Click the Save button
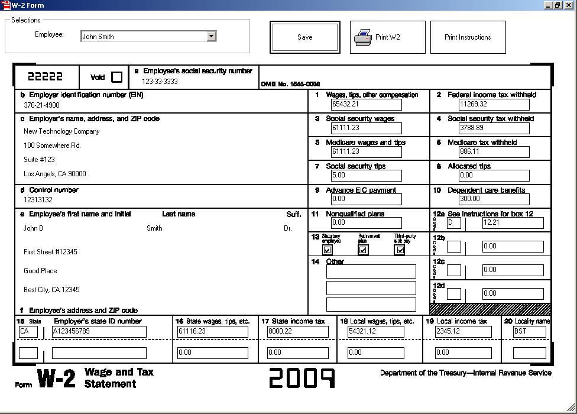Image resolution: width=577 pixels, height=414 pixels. (305, 37)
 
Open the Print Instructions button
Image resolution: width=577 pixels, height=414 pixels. (468, 37)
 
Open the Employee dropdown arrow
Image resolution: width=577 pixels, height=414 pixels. (212, 37)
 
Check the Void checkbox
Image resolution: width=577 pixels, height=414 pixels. (117, 77)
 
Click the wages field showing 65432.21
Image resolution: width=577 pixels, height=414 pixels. (366, 105)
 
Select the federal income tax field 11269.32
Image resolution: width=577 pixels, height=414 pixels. (494, 105)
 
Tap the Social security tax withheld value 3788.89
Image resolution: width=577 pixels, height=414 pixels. (494, 128)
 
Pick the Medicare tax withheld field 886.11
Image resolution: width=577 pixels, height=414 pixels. (494, 152)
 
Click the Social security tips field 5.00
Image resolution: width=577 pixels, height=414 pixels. (366, 176)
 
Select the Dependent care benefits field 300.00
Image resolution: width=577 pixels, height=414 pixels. (494, 199)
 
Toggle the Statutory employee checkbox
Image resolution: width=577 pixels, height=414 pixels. (328, 250)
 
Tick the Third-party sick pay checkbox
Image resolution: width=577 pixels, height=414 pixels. (400, 250)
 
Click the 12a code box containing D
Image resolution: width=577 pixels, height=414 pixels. (454, 223)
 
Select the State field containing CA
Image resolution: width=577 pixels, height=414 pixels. (28, 332)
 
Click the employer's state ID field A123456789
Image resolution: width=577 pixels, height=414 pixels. (99, 332)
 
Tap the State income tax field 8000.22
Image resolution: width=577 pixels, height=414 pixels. (297, 332)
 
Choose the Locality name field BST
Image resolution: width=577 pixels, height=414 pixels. (529, 332)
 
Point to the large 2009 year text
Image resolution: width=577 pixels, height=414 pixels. (302, 378)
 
